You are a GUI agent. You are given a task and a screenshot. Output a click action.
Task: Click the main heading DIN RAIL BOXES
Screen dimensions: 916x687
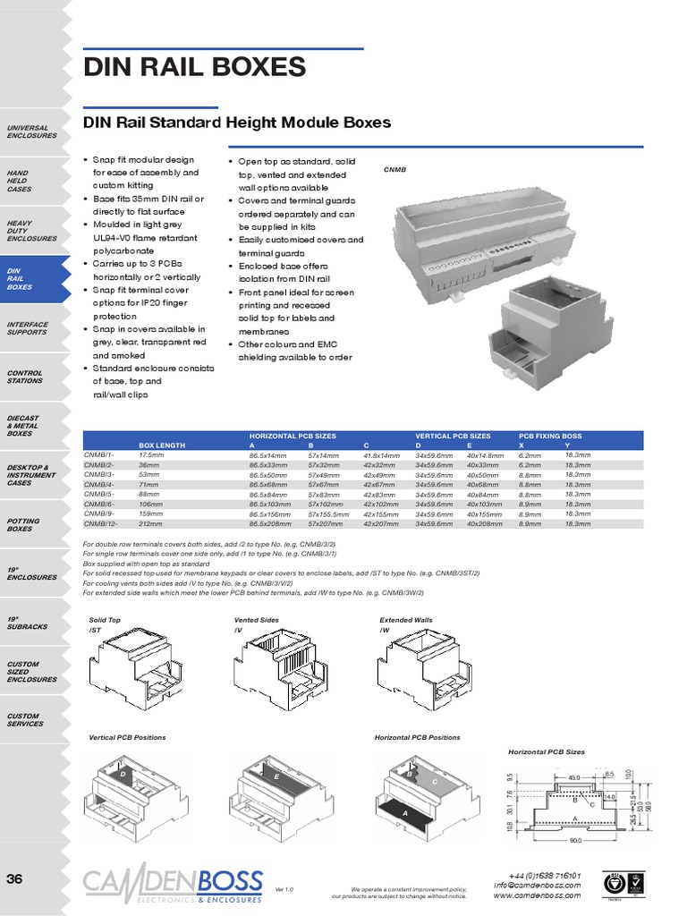coord(194,67)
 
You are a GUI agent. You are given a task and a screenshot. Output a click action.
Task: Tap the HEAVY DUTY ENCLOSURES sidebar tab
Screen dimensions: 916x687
coord(31,231)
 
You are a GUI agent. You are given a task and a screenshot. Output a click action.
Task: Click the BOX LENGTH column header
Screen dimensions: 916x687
coord(162,445)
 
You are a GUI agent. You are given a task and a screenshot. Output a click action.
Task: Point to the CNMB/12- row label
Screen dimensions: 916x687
coord(99,524)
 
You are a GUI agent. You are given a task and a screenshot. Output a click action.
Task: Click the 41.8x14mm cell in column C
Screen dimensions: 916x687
coord(382,455)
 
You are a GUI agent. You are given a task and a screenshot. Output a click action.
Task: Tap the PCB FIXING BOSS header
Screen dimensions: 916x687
coord(551,436)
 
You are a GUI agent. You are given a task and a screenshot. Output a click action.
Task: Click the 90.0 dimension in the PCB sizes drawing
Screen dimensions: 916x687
coord(575,841)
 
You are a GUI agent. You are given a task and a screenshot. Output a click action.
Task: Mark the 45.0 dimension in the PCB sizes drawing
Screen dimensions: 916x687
coord(573,777)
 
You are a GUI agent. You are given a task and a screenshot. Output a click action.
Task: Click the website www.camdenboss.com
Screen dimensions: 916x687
coord(537,895)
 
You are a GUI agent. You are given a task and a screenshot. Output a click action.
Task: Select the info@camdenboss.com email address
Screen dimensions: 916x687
coord(537,886)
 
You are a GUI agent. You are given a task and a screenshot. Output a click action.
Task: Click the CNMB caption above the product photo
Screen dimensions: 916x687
coord(394,169)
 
